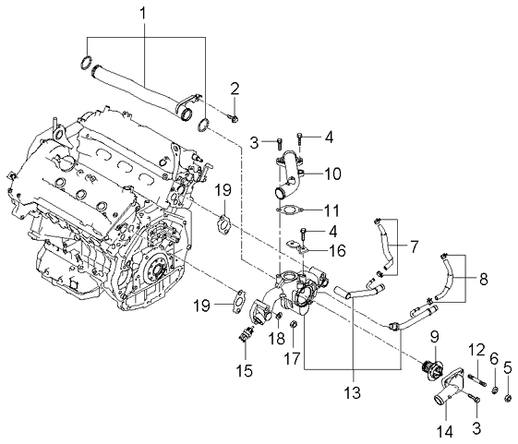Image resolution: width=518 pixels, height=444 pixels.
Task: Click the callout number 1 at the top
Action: pyautogui.click(x=144, y=15)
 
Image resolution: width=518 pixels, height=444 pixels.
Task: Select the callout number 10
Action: pyautogui.click(x=332, y=174)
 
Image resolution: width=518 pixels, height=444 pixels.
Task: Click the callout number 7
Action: pyautogui.click(x=414, y=246)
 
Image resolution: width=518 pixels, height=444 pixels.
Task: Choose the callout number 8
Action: pyautogui.click(x=483, y=280)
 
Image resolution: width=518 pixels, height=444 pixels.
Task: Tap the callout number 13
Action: pyautogui.click(x=353, y=391)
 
